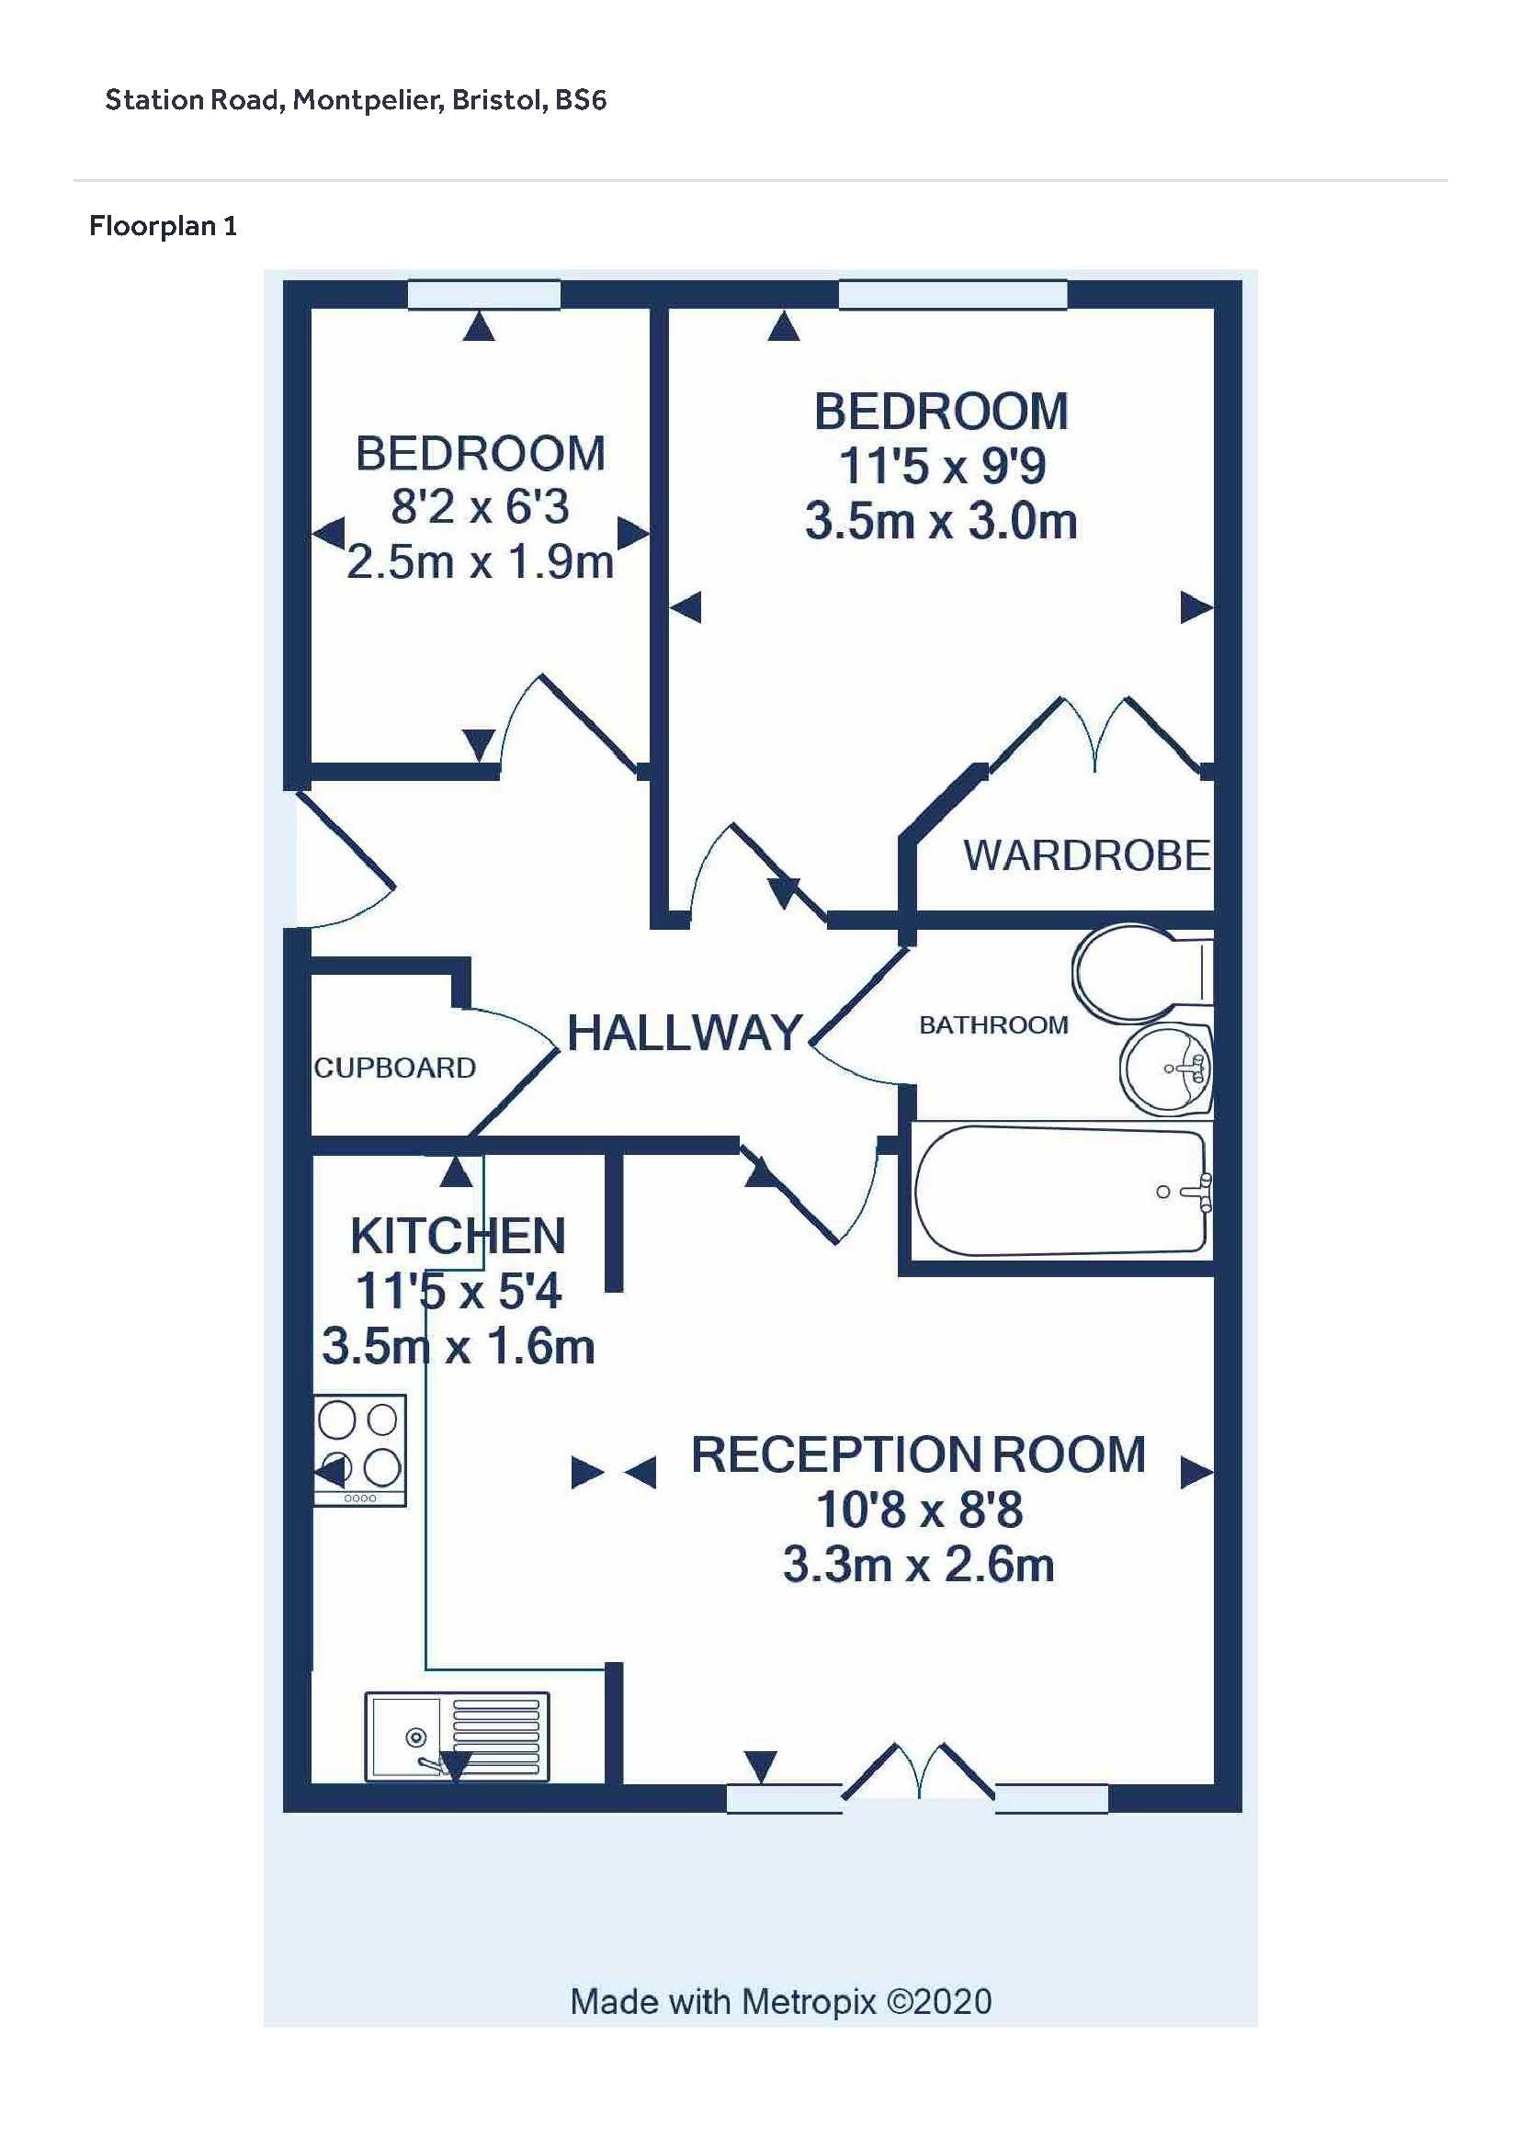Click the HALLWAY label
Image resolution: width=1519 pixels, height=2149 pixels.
[x=686, y=1034]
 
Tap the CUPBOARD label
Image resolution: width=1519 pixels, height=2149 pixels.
[x=394, y=1068]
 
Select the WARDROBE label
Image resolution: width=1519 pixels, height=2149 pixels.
[x=1086, y=855]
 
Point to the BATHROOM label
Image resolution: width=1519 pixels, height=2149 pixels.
[x=993, y=1025]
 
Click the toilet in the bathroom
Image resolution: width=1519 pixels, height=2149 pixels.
[x=1143, y=973]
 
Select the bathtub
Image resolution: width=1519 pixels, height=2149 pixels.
[x=1062, y=1191]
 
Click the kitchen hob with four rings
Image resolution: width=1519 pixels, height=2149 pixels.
[x=360, y=1451]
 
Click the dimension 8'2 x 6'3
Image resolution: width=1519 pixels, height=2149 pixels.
[x=479, y=507]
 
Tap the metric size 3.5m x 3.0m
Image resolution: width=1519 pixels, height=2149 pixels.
[x=941, y=521]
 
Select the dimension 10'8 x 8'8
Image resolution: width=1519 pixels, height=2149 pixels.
[x=919, y=1510]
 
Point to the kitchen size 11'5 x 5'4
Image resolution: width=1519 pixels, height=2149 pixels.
[x=458, y=1293]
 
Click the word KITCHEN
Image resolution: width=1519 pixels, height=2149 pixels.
[x=458, y=1237]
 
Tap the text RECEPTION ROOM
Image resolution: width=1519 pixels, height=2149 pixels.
[x=918, y=1454]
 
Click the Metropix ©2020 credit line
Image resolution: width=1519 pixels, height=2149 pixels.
[x=780, y=2002]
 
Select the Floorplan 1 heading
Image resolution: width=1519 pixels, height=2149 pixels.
[x=163, y=226]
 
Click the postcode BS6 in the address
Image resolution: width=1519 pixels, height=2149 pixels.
[x=580, y=100]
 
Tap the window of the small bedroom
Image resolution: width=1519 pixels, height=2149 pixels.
[x=484, y=294]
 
